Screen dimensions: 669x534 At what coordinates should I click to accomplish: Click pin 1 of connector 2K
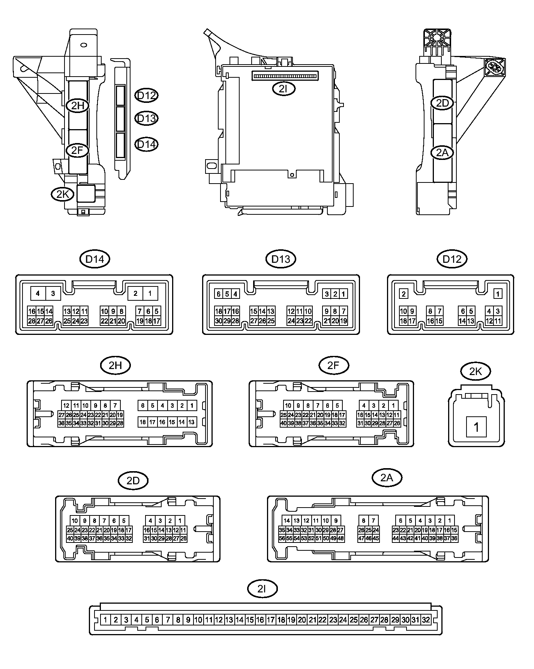click(x=476, y=427)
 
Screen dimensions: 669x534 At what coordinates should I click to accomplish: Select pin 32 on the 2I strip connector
click(x=426, y=620)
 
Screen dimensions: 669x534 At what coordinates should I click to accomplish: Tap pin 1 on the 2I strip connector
click(x=106, y=620)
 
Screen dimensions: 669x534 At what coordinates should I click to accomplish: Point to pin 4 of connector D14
click(x=37, y=294)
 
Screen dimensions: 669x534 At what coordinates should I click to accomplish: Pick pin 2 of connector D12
click(x=403, y=294)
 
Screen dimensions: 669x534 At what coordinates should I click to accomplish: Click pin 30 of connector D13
click(x=219, y=321)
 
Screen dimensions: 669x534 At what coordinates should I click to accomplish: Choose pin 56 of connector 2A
click(x=282, y=538)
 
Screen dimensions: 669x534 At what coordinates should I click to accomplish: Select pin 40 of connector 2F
click(x=284, y=423)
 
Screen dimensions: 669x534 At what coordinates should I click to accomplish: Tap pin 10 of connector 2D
click(x=75, y=521)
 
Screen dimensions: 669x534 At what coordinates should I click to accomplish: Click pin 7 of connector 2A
click(x=373, y=521)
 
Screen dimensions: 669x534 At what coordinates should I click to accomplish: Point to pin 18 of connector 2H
click(x=142, y=422)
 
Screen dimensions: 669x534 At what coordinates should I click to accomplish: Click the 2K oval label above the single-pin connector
click(x=475, y=371)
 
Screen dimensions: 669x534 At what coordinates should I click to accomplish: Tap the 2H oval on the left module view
click(x=78, y=106)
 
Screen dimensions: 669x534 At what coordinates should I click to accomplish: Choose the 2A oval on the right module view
click(x=442, y=153)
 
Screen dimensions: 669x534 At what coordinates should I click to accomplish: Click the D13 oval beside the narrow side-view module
click(x=146, y=119)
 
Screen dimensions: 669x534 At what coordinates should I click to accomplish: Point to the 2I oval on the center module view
click(x=284, y=89)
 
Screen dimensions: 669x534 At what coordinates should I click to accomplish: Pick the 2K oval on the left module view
click(x=63, y=194)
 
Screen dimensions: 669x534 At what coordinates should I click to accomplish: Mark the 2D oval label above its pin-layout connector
click(x=133, y=481)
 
